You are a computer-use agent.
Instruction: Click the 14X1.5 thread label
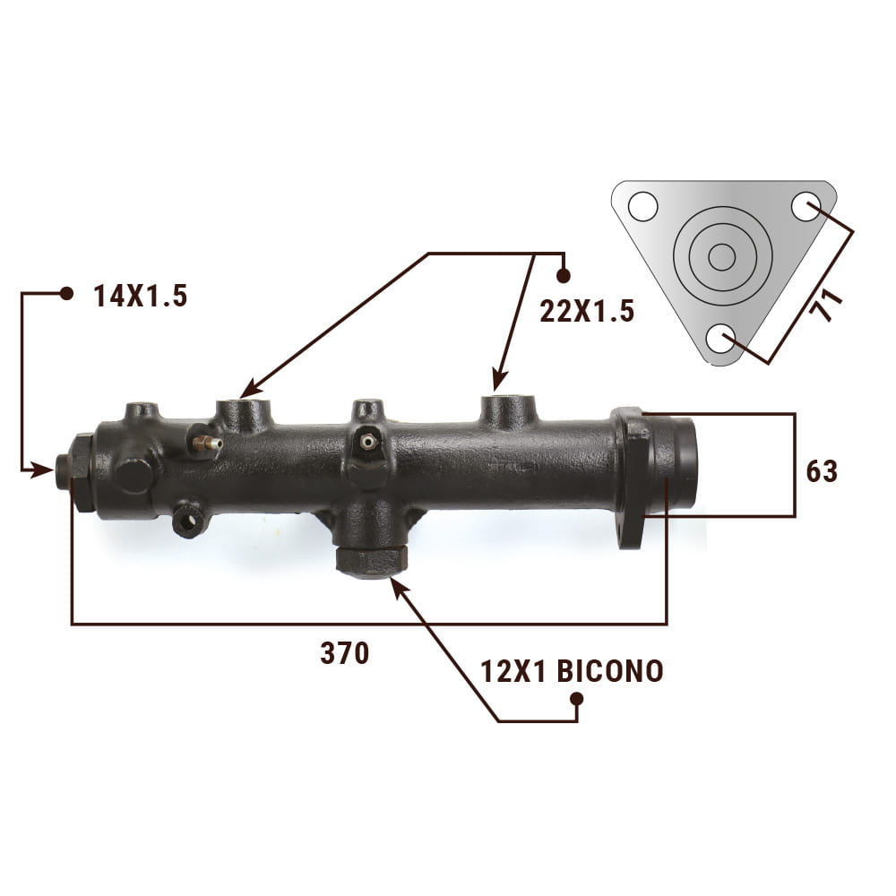[x=141, y=297]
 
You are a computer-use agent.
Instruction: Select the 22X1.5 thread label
[x=587, y=312]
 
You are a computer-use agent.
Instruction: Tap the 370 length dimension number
[x=345, y=653]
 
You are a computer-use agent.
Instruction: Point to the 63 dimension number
[x=822, y=472]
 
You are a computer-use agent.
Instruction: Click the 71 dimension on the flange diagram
[x=827, y=304]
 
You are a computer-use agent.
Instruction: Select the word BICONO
[x=609, y=671]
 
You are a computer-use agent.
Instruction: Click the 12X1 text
[x=513, y=671]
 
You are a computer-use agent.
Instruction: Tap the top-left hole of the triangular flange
[x=642, y=206]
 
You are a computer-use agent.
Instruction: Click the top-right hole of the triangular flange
[x=806, y=206]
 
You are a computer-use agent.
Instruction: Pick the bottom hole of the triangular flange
[x=721, y=340]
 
